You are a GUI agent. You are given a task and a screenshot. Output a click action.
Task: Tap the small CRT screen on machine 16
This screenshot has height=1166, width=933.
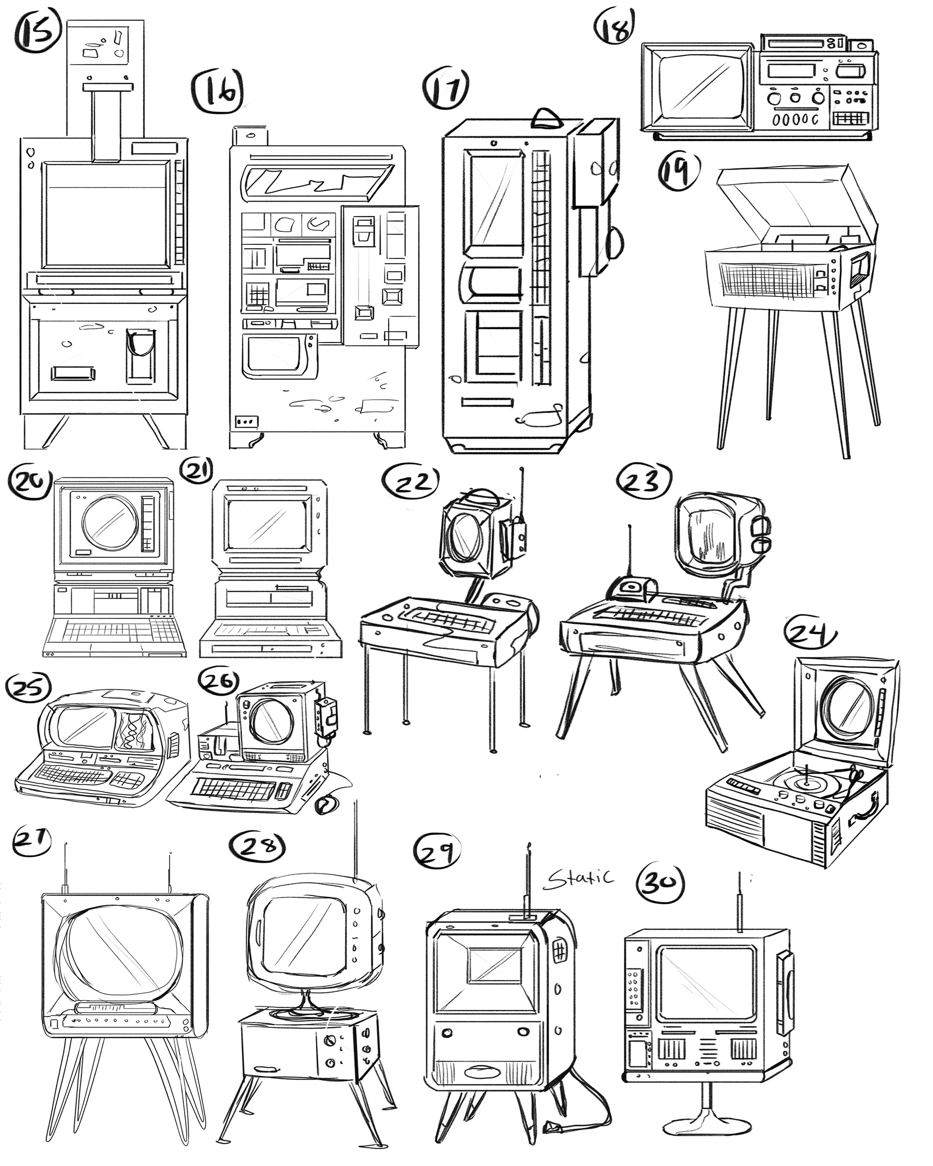click(x=273, y=354)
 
